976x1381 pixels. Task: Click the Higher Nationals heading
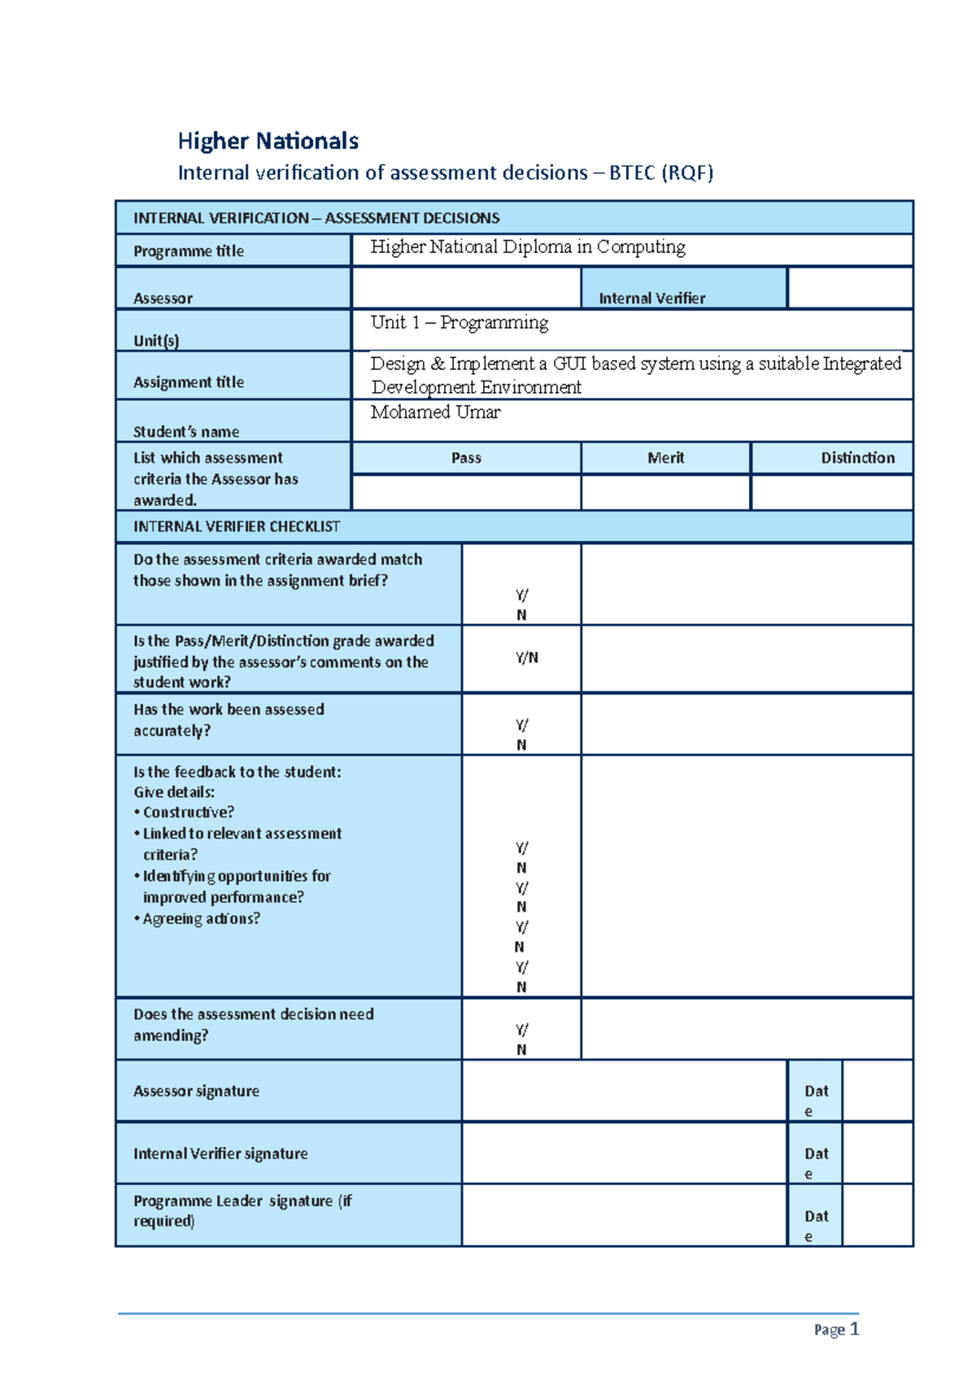point(268,142)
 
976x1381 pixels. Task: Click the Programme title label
point(189,251)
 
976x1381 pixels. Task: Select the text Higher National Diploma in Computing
point(527,247)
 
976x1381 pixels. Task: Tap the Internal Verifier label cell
point(651,298)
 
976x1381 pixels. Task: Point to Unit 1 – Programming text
point(459,323)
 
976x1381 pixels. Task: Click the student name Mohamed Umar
point(435,412)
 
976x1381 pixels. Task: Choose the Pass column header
point(466,458)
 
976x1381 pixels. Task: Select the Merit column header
point(665,458)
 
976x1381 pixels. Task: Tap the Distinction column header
point(857,458)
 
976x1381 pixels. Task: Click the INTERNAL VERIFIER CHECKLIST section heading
point(236,526)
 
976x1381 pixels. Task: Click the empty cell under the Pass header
point(466,493)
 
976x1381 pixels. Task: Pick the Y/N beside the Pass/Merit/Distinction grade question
point(526,657)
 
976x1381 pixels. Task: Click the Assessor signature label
point(196,1091)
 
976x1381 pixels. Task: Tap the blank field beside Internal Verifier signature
point(624,1153)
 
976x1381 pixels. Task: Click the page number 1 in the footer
point(854,1330)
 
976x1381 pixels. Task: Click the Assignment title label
point(189,382)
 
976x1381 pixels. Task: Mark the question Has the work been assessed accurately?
point(229,720)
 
